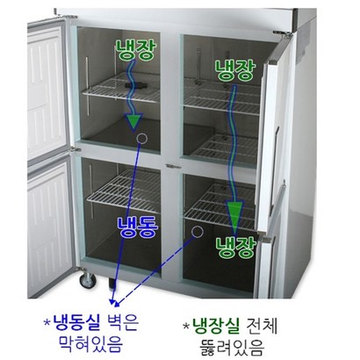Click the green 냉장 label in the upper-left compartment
pyautogui.click(x=135, y=50)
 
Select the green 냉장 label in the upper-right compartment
pyautogui.click(x=235, y=70)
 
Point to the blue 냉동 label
pyautogui.click(x=138, y=227)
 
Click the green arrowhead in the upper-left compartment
pyautogui.click(x=133, y=121)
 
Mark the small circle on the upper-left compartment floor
pyautogui.click(x=142, y=138)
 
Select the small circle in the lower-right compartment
pyautogui.click(x=198, y=232)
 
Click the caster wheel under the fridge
pyautogui.click(x=88, y=281)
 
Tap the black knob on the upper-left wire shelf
pyautogui.click(x=134, y=85)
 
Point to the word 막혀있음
pyautogui.click(x=90, y=344)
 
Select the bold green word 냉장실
pyautogui.click(x=216, y=325)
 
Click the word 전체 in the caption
pyautogui.click(x=262, y=325)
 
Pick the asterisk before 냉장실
pyautogui.click(x=186, y=326)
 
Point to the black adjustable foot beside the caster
pyautogui.click(x=112, y=284)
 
